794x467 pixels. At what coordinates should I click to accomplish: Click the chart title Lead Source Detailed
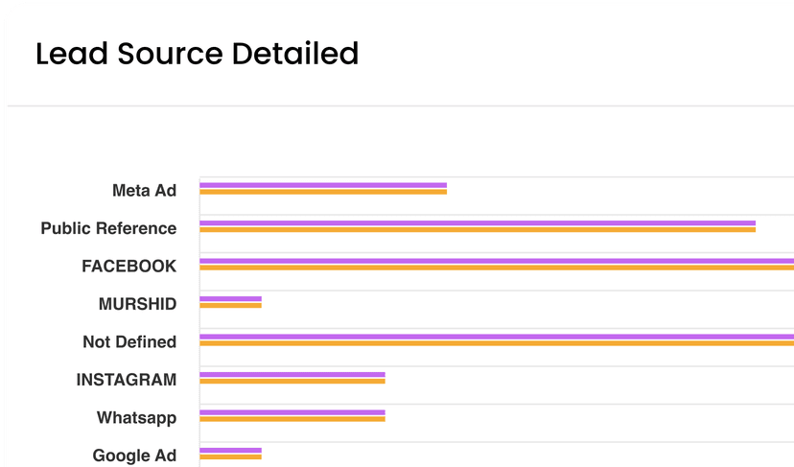pos(197,54)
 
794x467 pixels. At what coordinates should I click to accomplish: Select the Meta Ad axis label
pos(144,190)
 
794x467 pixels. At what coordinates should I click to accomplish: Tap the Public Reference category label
pos(108,228)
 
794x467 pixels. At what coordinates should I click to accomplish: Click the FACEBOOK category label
pos(128,266)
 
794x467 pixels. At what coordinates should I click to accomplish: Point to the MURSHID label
pos(137,304)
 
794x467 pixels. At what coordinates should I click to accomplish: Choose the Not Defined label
pos(129,341)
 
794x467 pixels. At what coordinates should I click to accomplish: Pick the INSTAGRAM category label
pos(126,380)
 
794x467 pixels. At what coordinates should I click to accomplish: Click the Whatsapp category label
pos(136,418)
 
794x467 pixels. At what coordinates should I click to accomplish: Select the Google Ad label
pos(134,455)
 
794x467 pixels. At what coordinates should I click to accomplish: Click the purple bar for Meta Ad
pos(323,185)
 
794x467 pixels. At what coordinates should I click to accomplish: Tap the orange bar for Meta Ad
pos(323,192)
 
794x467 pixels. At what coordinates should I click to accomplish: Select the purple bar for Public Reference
pos(478,222)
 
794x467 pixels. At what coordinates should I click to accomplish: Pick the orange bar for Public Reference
pos(478,230)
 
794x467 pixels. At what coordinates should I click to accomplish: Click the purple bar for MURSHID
pos(230,298)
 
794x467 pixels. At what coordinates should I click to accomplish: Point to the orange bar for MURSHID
pos(230,306)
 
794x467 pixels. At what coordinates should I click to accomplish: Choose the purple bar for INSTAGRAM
pos(292,374)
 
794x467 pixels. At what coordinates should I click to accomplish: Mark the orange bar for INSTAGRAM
pos(292,382)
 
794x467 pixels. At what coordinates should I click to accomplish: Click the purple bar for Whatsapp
pos(292,412)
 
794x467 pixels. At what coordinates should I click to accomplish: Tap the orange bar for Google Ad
pos(230,457)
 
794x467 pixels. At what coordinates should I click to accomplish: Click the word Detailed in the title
pos(294,54)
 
